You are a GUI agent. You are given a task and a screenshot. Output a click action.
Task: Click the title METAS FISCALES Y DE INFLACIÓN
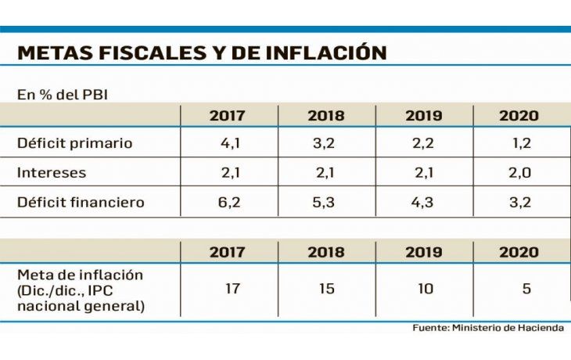(201, 53)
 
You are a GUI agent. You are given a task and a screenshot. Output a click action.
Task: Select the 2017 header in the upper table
(227, 116)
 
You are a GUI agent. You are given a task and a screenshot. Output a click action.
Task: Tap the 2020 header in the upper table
(519, 116)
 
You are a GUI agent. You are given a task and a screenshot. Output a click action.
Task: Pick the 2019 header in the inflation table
(423, 252)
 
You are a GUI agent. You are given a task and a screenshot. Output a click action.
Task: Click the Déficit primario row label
(74, 143)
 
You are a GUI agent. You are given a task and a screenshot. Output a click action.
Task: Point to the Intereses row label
(51, 172)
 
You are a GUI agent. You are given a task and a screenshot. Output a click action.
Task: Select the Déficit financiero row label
(81, 201)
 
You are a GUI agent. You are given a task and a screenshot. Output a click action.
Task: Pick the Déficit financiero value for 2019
(423, 201)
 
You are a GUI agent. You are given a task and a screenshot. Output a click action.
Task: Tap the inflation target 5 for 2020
(526, 289)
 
